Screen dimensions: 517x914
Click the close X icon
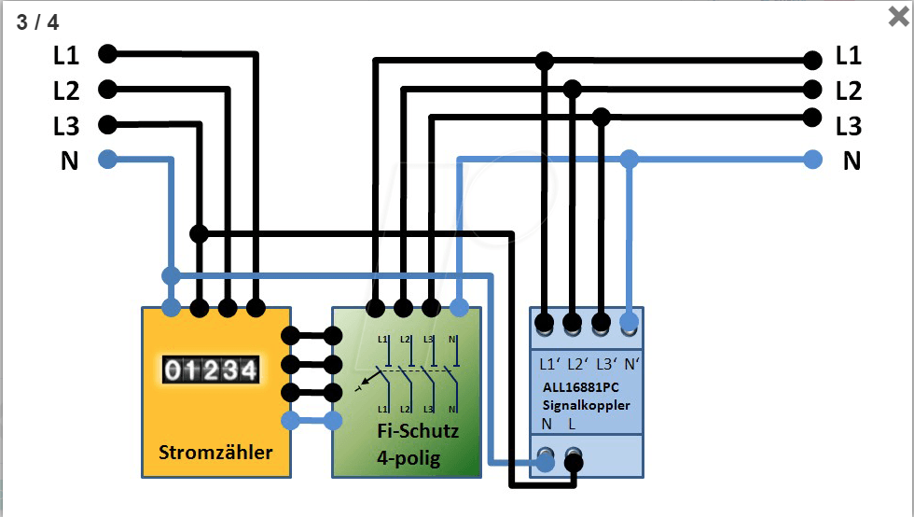click(898, 16)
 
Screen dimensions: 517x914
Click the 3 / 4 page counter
click(37, 21)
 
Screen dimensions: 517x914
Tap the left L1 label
click(66, 55)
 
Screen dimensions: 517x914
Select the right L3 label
click(848, 125)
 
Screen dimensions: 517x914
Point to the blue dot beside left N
click(107, 160)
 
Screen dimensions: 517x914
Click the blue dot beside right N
click(814, 160)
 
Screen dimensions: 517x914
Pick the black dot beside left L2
click(107, 90)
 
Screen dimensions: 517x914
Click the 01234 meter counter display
click(210, 370)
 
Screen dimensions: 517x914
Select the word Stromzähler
click(215, 453)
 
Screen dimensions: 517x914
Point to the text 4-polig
click(409, 458)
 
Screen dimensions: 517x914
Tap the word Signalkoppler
click(587, 406)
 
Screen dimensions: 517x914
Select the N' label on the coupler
click(631, 363)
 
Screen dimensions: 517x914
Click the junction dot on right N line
click(630, 160)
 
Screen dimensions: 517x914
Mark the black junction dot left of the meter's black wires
click(198, 232)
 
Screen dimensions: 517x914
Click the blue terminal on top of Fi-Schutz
click(459, 307)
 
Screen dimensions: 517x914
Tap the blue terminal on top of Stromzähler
click(171, 307)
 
